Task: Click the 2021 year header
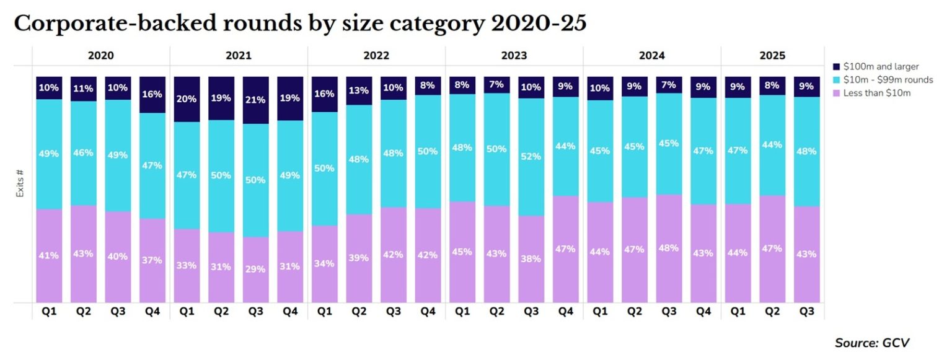click(x=239, y=56)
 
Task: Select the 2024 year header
click(x=651, y=56)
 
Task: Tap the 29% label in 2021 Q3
click(x=256, y=269)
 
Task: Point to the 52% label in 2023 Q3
click(x=531, y=157)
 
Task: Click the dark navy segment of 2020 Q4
click(x=152, y=95)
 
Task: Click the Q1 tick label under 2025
click(x=738, y=311)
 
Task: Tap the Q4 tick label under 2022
click(x=428, y=311)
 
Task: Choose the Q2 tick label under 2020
click(x=84, y=311)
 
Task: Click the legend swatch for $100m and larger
click(x=837, y=66)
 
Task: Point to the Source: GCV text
click(x=872, y=343)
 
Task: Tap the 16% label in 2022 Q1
click(x=325, y=94)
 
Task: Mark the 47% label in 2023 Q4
click(x=565, y=248)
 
